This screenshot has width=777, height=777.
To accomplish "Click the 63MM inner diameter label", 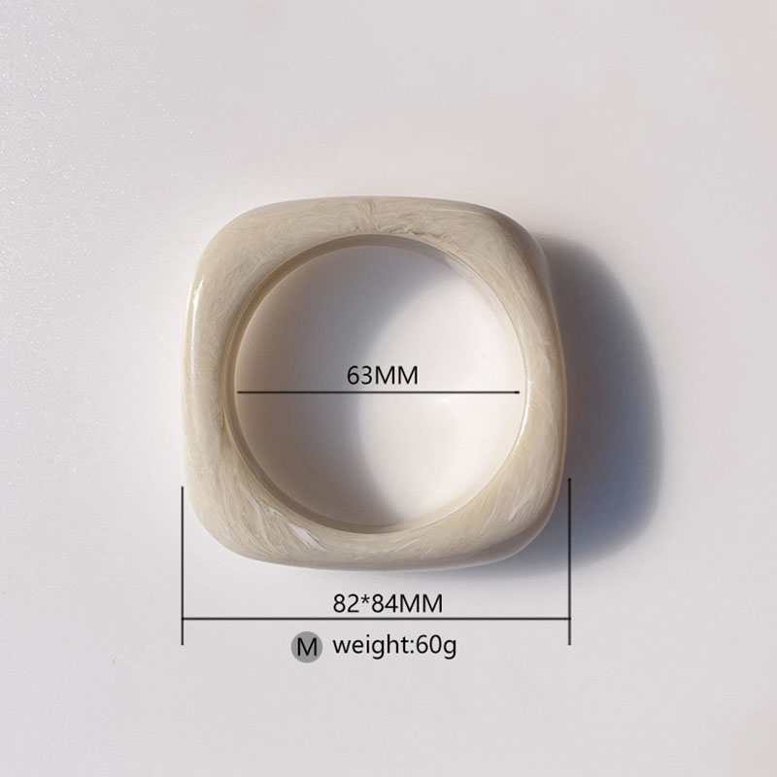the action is coord(382,376).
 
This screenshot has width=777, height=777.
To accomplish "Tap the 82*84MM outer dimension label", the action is coord(388,603).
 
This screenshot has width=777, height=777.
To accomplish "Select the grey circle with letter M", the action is coord(306,647).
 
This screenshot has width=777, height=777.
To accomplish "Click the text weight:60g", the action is coord(394,646).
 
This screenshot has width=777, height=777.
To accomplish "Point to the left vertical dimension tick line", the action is coord(183,565).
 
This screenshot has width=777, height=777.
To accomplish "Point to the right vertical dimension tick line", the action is coord(569,561).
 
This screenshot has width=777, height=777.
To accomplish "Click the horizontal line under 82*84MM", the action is coord(376,619).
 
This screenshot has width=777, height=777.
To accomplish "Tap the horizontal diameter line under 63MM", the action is coord(378,392).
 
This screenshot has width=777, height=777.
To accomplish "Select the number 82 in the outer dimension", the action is coord(346,603).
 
